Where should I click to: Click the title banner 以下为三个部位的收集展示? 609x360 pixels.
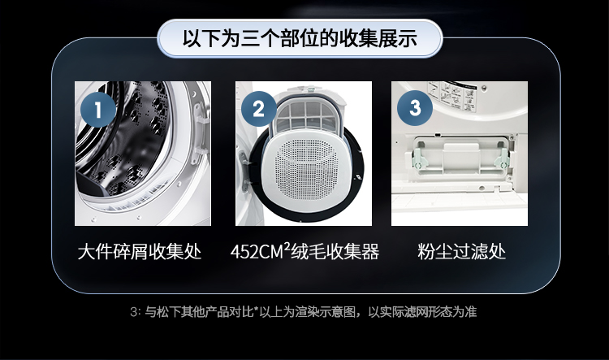[300, 38]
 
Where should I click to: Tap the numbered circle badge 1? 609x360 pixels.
[98, 109]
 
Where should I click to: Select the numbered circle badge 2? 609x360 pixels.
[259, 109]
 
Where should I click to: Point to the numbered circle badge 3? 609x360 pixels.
[415, 108]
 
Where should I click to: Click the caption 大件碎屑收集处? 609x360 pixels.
[140, 252]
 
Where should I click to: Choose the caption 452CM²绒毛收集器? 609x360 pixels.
[304, 251]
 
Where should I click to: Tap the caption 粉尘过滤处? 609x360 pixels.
[461, 252]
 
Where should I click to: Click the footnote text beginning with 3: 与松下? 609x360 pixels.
[303, 312]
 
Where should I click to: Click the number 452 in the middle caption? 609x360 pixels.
[244, 252]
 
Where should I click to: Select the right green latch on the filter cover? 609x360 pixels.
[502, 159]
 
